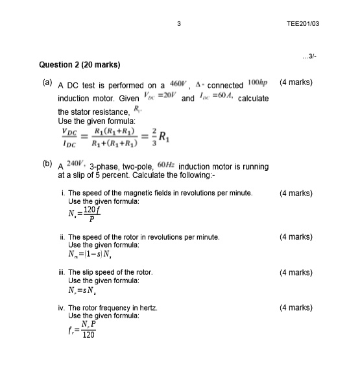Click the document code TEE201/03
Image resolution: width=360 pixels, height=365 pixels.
307,24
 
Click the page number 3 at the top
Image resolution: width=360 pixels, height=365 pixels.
178,24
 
